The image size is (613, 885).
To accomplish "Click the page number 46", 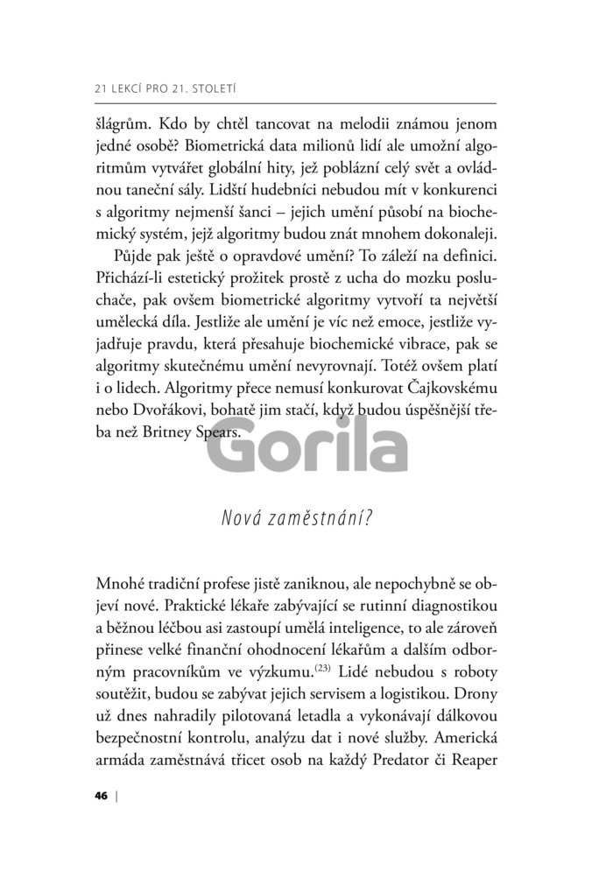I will pyautogui.click(x=100, y=796).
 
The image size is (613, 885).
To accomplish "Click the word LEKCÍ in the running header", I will pyautogui.click(x=130, y=88).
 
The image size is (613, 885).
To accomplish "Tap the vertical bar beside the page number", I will pyautogui.click(x=116, y=796).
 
